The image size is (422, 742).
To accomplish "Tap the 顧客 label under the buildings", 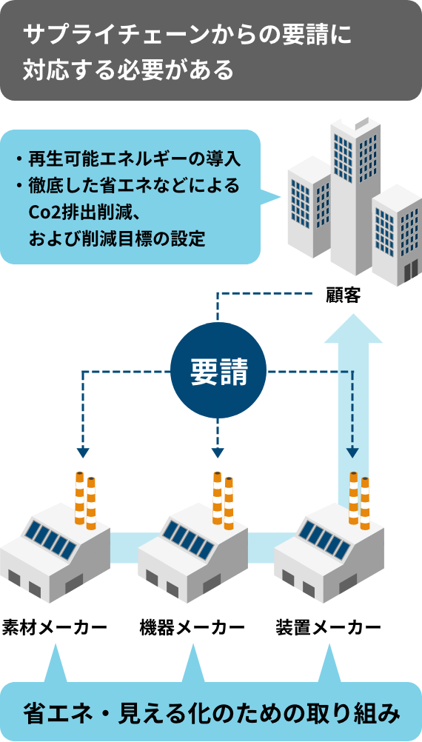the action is click(344, 295).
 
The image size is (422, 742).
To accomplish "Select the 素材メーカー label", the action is click(54, 628).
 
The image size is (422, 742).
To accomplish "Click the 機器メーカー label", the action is click(192, 628).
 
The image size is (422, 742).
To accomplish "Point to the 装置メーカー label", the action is click(328, 628).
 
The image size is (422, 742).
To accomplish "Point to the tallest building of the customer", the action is click(355, 194).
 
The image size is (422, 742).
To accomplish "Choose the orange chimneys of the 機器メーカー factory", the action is click(223, 500).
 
